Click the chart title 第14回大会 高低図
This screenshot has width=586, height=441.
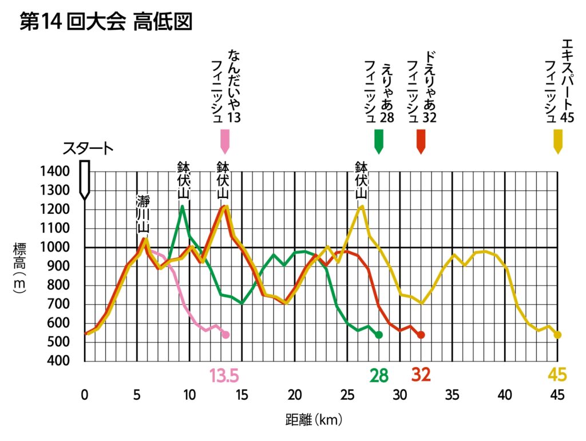click(105, 22)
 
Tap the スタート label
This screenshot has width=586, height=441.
click(88, 149)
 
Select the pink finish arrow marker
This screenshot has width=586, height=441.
click(225, 141)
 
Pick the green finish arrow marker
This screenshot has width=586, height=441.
click(378, 141)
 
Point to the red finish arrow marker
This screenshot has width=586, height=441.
click(421, 141)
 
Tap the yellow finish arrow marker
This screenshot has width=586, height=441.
click(558, 141)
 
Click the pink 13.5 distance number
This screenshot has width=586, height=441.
click(224, 375)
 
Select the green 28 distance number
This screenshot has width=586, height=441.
click(379, 375)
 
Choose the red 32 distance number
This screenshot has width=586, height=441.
click(421, 375)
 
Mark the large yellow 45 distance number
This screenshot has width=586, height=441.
click(557, 375)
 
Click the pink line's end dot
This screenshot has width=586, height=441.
click(225, 335)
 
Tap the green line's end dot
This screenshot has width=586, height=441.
click(378, 335)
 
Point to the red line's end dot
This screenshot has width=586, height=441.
click(421, 335)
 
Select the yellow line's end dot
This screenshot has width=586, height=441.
click(557, 335)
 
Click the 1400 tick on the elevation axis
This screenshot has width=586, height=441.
click(55, 171)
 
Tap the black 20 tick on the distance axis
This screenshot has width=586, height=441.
click(295, 395)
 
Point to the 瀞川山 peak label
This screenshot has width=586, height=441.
click(142, 214)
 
